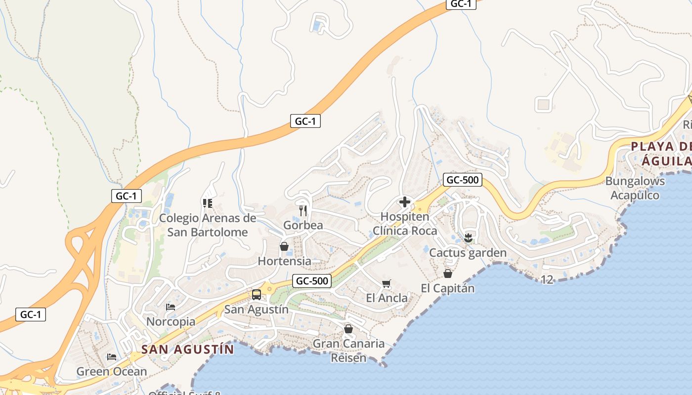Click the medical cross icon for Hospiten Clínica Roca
coord(405,202)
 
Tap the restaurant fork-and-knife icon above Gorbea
coord(303,211)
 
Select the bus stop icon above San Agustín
coord(257,295)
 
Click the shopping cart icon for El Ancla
coord(387,283)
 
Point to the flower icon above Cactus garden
coord(468,238)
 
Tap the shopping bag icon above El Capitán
coord(448,273)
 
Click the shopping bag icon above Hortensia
coord(284,246)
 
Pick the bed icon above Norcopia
coord(171,307)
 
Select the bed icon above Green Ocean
coord(112,356)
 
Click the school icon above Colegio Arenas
coord(207,203)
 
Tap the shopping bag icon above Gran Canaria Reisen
coord(348,328)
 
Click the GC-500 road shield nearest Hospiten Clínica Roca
coord(462,180)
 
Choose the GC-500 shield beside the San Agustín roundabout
coord(311,281)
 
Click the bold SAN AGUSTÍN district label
coord(187,350)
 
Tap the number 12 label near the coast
coord(547,279)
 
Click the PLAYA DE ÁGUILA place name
coord(661,153)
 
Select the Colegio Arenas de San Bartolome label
coord(208,225)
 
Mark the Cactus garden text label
coord(468,253)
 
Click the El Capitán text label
coord(447,288)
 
